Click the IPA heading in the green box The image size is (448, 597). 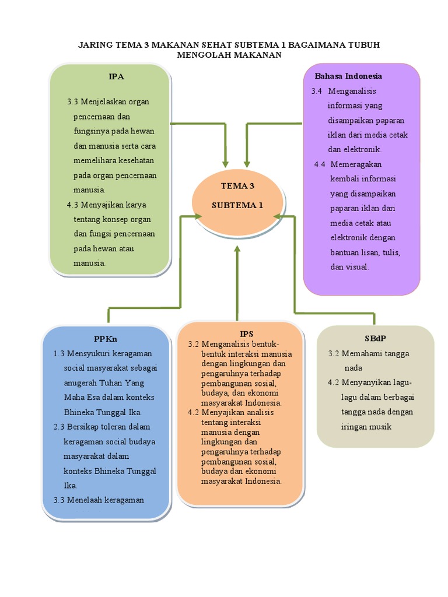click(116, 76)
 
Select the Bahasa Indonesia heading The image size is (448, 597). click(348, 76)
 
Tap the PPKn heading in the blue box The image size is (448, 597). click(106, 339)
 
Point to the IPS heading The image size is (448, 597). click(247, 334)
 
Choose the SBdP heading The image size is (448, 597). click(375, 338)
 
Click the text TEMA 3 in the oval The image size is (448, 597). click(237, 186)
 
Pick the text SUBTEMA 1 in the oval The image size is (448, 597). click(237, 205)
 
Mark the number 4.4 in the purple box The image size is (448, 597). click(320, 164)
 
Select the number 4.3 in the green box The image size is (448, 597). click(72, 205)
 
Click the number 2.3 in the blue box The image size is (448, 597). click(59, 427)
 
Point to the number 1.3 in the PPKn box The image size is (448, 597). click(59, 354)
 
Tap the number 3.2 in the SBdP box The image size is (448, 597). click(333, 354)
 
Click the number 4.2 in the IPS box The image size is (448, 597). click(193, 412)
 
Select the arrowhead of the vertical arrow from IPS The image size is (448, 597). click(237, 248)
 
